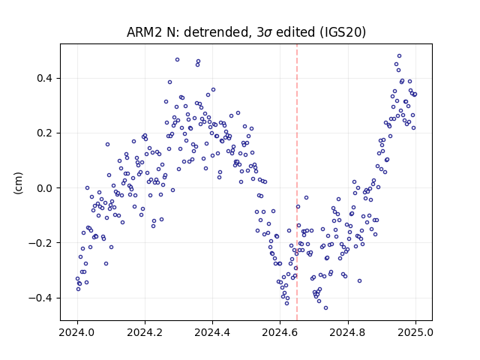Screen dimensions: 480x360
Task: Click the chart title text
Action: (246, 32)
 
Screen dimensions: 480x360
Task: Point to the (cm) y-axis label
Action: (18, 183)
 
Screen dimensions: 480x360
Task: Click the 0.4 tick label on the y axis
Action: (45, 78)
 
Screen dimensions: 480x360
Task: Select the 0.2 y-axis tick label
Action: (45, 133)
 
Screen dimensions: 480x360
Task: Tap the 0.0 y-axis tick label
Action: (45, 188)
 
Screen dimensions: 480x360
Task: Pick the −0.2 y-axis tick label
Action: (41, 243)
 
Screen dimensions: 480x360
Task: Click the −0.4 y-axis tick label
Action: (41, 298)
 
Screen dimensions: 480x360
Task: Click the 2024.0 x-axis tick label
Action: (77, 332)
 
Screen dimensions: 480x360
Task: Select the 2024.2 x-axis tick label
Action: (145, 332)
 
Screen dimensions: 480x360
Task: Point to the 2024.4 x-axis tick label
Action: (212, 332)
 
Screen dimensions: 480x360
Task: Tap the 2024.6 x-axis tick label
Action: (280, 332)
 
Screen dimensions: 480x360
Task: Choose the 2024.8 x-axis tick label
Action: (348, 332)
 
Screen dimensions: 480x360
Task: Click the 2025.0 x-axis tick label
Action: (415, 332)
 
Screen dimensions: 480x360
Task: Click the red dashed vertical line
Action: (297, 182)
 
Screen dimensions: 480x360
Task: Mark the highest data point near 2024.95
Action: (399, 56)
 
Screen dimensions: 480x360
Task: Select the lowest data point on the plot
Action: (325, 308)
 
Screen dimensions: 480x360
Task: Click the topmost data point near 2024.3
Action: (177, 60)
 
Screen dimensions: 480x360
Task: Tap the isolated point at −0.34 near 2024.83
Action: (360, 281)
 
